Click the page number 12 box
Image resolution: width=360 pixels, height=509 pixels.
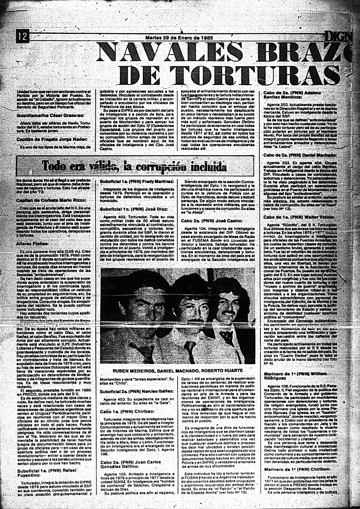22,37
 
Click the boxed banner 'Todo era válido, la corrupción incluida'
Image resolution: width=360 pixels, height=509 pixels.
135,166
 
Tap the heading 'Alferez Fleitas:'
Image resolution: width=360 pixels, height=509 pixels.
33,243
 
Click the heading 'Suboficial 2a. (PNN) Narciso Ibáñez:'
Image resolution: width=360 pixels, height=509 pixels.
137,391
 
